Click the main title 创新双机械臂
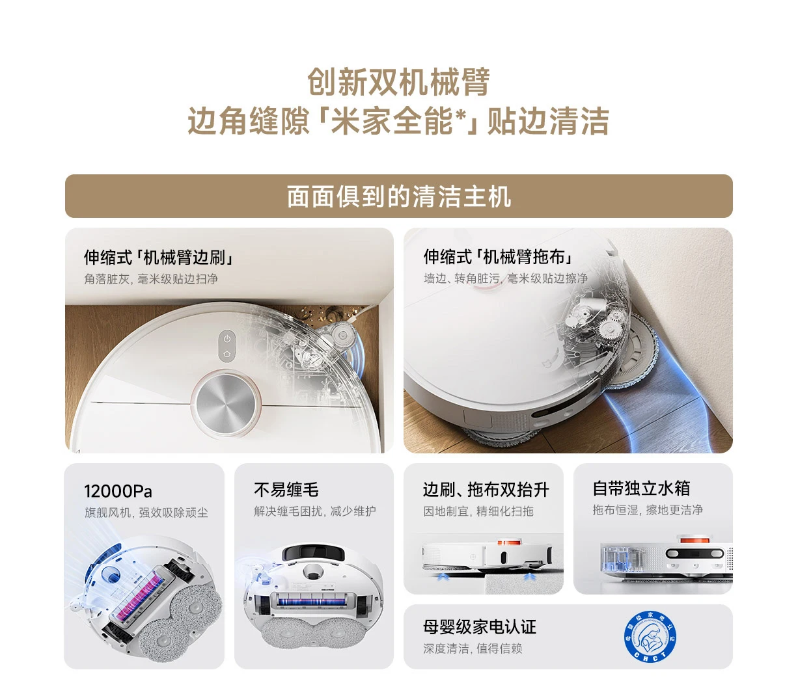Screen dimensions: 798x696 coord(398,82)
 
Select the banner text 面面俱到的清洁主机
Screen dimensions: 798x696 coord(398,196)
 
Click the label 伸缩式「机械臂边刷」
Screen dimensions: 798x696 coord(158,257)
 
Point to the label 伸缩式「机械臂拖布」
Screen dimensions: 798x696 coord(498,257)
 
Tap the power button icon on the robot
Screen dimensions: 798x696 coord(227,338)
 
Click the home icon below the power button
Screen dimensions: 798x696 coord(227,354)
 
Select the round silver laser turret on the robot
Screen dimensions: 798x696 coord(226,403)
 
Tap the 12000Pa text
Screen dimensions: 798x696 coord(118,491)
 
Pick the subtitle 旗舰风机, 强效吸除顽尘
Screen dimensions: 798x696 coord(146,513)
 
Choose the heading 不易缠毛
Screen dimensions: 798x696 coord(286,489)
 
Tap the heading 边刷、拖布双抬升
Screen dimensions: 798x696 coord(486,489)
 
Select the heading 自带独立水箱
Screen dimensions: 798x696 coord(641,489)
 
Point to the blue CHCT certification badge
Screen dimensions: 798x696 coord(650,636)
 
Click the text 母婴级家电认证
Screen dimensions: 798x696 coord(480,627)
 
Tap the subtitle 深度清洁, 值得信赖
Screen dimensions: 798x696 coord(473,649)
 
